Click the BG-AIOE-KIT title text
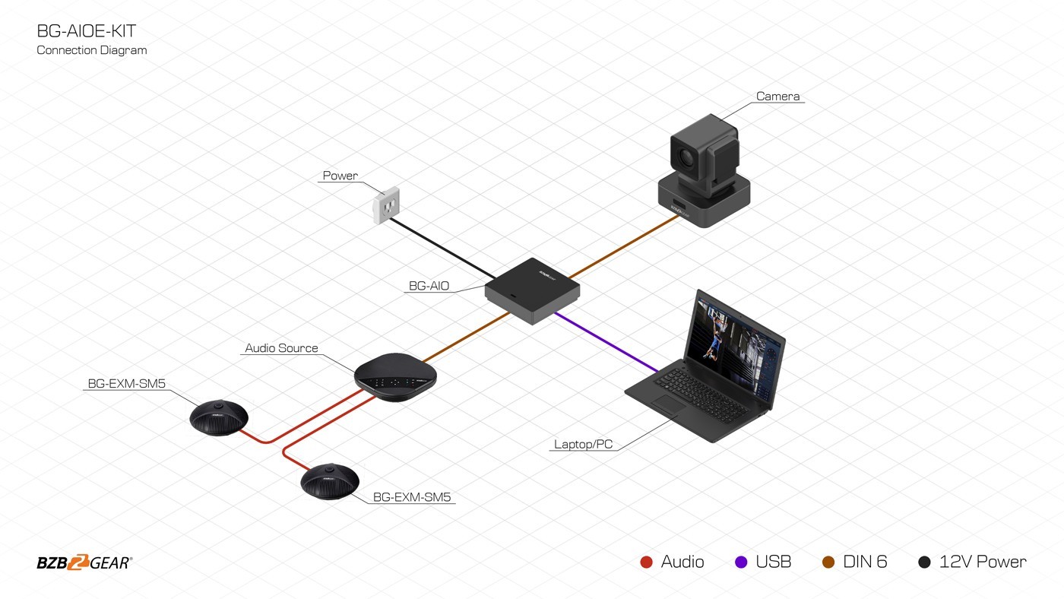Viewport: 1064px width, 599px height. pyautogui.click(x=87, y=31)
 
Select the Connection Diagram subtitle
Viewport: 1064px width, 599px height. pyautogui.click(x=92, y=50)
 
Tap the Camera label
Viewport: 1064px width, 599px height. pyautogui.click(x=777, y=97)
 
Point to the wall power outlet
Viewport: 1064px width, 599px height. pyautogui.click(x=386, y=205)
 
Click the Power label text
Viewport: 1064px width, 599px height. pyautogui.click(x=340, y=176)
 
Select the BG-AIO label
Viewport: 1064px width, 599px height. pyautogui.click(x=429, y=286)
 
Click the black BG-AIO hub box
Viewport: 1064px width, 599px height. pyautogui.click(x=532, y=290)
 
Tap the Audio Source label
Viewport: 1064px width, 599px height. pyautogui.click(x=281, y=348)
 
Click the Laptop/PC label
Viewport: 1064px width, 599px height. pyautogui.click(x=583, y=444)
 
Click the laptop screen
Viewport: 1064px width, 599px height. pyautogui.click(x=733, y=342)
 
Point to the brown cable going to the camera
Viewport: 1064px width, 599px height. pyautogui.click(x=623, y=245)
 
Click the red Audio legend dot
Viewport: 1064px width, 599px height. pyautogui.click(x=647, y=563)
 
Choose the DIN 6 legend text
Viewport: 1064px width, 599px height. pyautogui.click(x=865, y=562)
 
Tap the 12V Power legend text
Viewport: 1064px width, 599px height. pyautogui.click(x=982, y=562)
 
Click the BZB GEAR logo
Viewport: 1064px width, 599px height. pyautogui.click(x=84, y=563)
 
